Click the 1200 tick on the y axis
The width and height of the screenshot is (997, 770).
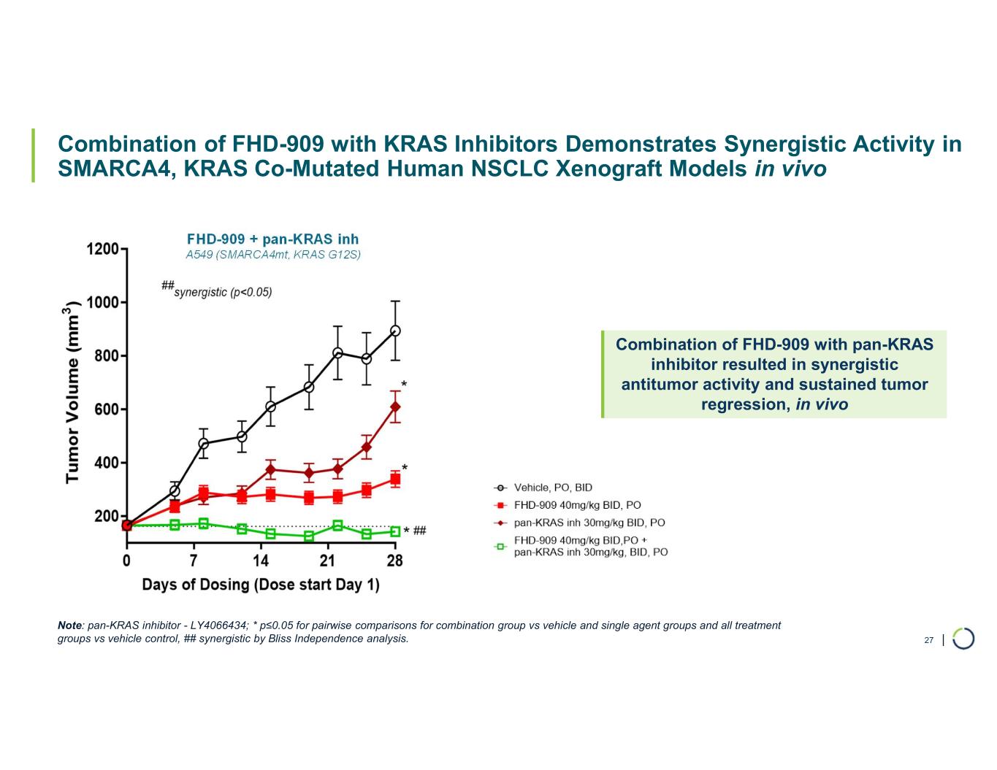[x=102, y=249]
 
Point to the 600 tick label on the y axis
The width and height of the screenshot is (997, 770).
[x=102, y=409]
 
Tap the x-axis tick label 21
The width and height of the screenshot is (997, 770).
[x=328, y=561]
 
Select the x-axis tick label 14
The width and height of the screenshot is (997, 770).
[x=261, y=561]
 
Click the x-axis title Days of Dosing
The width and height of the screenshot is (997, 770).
[x=260, y=585]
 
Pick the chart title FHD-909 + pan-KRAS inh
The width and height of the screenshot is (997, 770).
[x=272, y=239]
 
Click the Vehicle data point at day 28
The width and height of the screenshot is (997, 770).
[x=395, y=331]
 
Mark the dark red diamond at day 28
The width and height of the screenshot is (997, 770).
[x=395, y=407]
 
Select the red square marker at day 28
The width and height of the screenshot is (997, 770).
[x=395, y=480]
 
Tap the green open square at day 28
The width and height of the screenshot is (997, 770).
[x=395, y=531]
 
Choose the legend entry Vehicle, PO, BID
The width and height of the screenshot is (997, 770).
[x=553, y=488]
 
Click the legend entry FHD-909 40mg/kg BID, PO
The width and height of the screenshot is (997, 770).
[x=577, y=505]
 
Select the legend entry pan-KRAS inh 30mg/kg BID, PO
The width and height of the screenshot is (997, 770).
[x=589, y=523]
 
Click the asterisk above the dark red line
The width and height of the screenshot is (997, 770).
[x=404, y=385]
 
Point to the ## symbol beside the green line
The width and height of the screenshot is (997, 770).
[x=420, y=531]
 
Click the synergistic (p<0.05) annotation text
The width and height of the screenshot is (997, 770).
[x=223, y=292]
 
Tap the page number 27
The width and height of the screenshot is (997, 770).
[x=928, y=640]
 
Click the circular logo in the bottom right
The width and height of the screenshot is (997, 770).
[x=963, y=638]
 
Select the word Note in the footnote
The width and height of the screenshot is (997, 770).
[x=69, y=625]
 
